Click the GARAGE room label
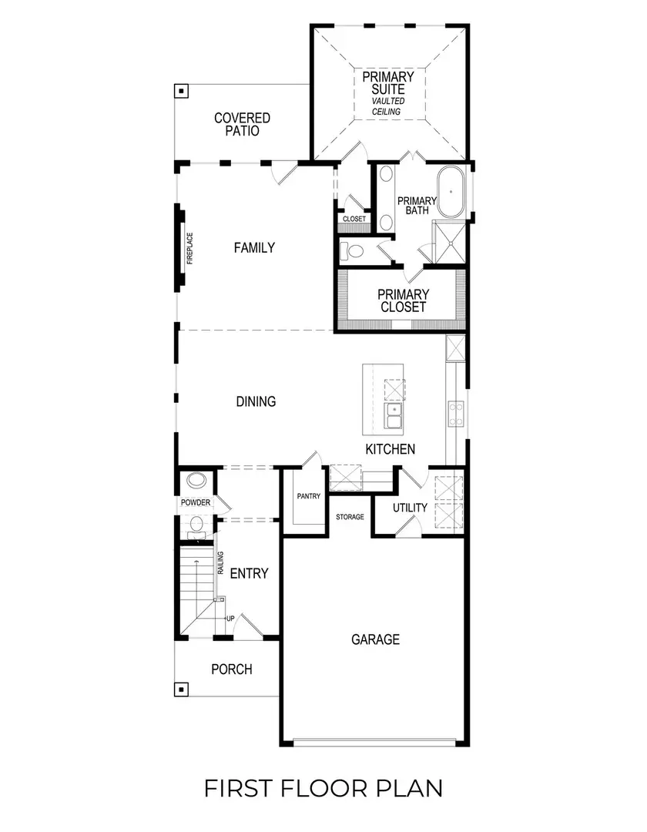[376, 639]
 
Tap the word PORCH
[232, 669]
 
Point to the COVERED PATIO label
[242, 124]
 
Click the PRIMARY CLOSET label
[402, 300]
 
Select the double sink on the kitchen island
[394, 418]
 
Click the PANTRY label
[308, 497]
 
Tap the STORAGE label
[350, 517]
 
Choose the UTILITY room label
[410, 508]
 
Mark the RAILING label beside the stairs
[221, 565]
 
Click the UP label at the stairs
[230, 619]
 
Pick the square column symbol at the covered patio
[182, 91]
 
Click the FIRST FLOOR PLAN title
[323, 788]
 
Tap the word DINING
[256, 401]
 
